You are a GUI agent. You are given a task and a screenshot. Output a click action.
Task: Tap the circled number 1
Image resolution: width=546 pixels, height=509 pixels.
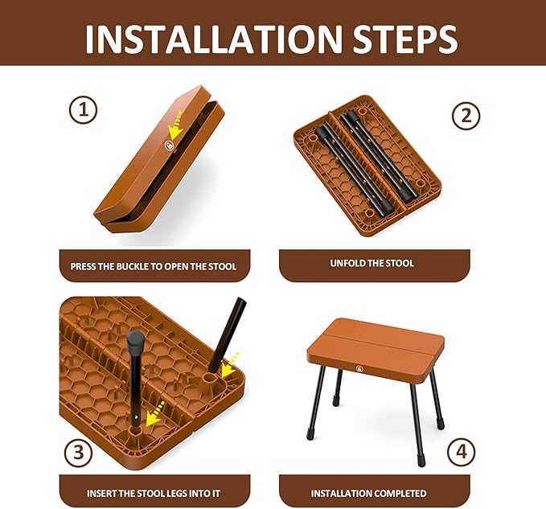(82, 109)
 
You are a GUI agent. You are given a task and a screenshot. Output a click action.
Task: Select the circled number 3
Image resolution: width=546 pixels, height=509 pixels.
(77, 452)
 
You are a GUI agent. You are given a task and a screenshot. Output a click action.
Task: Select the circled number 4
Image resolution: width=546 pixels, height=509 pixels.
(460, 452)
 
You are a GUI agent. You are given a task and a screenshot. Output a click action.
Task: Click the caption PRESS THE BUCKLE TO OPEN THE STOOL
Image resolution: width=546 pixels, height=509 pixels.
(154, 266)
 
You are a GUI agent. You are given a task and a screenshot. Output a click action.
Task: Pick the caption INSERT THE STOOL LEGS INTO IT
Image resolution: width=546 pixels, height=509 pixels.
(154, 493)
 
